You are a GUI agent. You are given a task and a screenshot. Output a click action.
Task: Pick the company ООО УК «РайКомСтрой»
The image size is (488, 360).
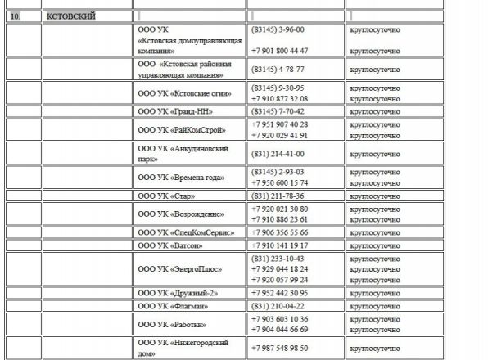[x=182, y=129]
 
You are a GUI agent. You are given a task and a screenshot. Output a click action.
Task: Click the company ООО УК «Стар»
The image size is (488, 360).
[x=169, y=196]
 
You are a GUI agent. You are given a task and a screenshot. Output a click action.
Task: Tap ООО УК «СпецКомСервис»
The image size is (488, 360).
[x=186, y=232]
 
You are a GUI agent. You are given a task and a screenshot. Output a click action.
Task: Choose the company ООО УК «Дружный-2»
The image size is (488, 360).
[x=178, y=293]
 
